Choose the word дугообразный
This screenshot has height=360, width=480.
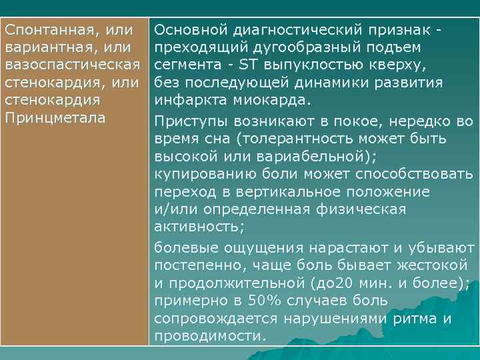click(309, 48)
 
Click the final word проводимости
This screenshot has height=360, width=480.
click(211, 336)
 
